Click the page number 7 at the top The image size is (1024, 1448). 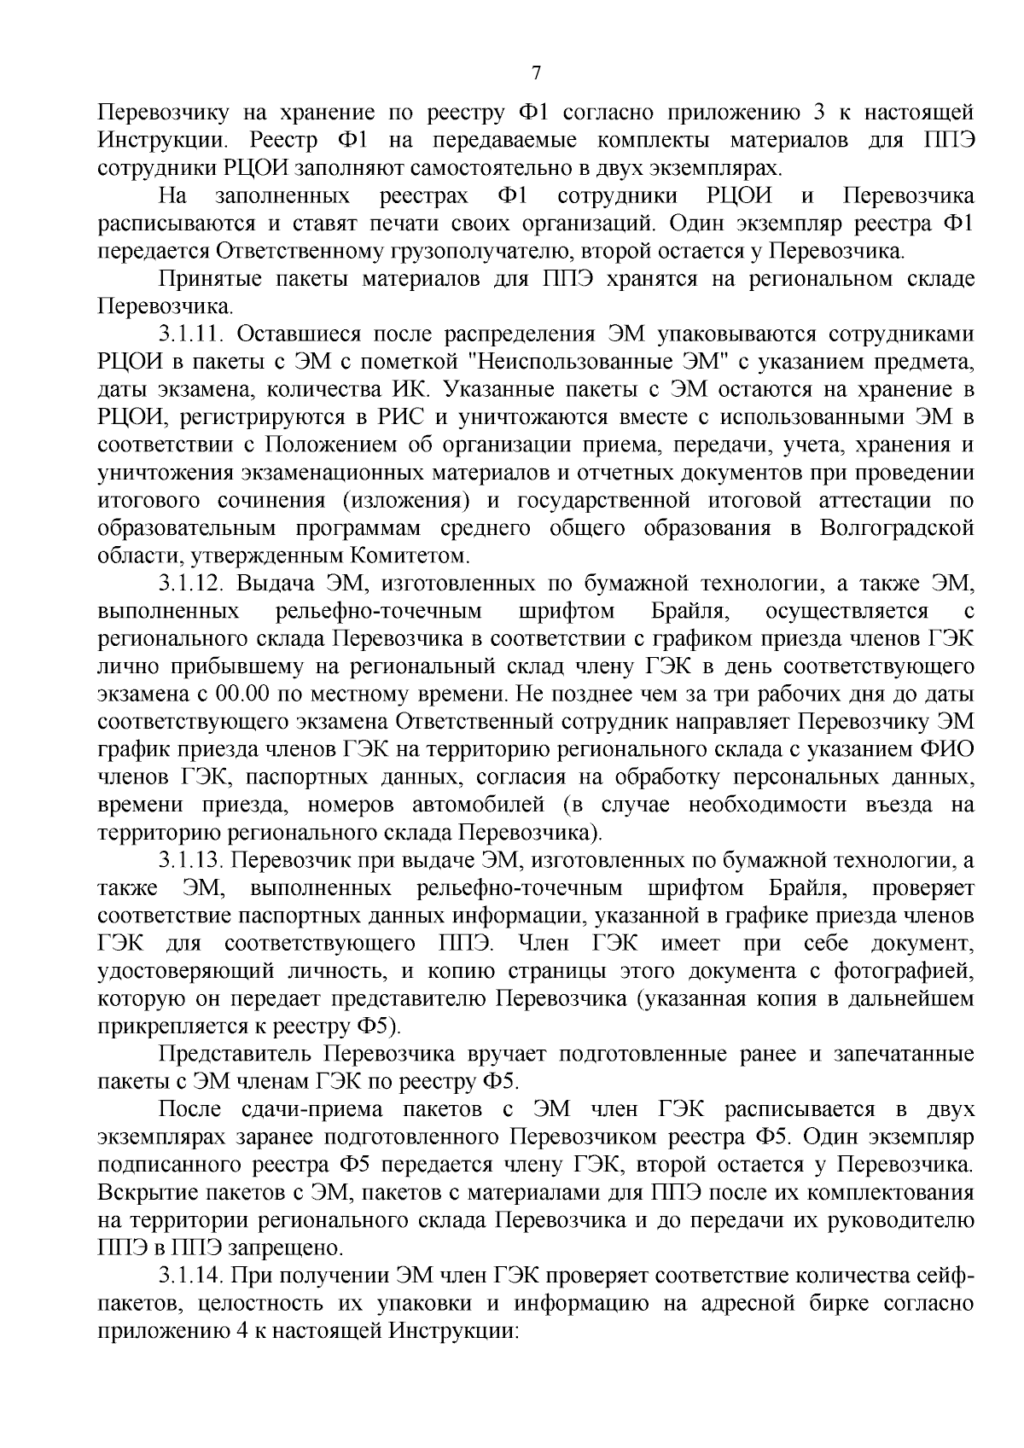(536, 73)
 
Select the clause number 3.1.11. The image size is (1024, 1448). (191, 334)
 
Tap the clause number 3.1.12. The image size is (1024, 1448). (191, 584)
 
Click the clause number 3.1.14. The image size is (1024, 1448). (191, 1276)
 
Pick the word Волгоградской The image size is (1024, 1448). (896, 528)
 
